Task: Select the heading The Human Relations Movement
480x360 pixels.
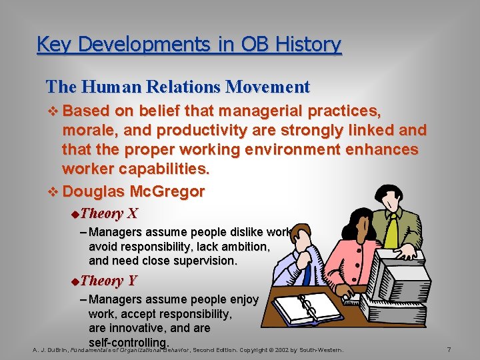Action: [x=177, y=87]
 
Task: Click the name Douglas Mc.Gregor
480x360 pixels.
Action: [x=133, y=191]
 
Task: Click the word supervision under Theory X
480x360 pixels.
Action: [x=201, y=261]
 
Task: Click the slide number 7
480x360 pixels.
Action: [x=449, y=350]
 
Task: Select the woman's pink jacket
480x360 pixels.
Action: [x=347, y=267]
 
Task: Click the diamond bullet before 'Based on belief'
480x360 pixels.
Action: [x=53, y=110]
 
